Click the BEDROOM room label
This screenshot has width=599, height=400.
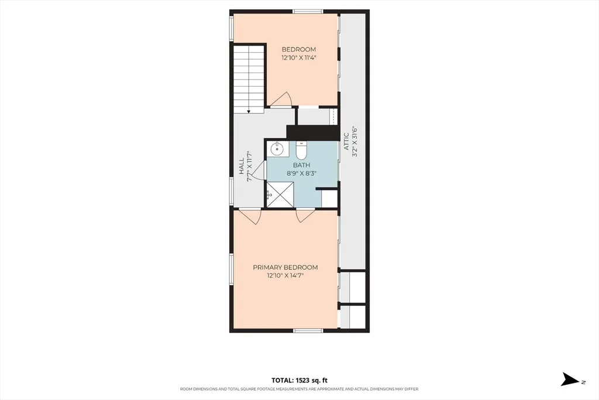299,49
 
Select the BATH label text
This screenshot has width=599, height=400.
302,165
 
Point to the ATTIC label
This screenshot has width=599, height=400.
346,141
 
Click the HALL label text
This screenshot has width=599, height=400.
242,166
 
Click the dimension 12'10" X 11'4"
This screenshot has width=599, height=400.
299,58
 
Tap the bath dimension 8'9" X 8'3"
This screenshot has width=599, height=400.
302,173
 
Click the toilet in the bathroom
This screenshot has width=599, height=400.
301,151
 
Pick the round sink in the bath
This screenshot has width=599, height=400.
276,148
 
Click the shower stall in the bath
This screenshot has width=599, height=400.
280,195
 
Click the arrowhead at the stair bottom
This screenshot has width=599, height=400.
249,111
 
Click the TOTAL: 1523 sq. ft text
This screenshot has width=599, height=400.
299,380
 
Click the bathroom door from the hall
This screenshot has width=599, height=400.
259,170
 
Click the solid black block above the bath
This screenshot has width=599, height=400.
312,133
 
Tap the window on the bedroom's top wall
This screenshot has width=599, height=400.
308,12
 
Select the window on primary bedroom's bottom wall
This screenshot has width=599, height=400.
308,330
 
